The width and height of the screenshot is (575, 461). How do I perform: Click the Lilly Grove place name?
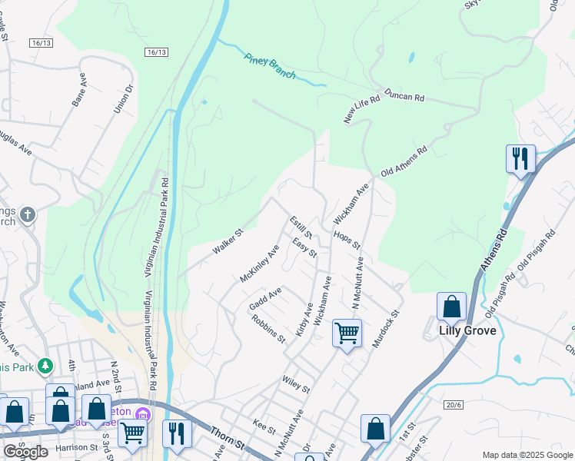[467, 331]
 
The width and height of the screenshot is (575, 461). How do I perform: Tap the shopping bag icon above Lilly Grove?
[451, 306]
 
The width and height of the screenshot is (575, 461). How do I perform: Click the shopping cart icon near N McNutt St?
[347, 333]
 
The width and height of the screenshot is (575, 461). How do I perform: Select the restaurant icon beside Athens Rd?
[520, 159]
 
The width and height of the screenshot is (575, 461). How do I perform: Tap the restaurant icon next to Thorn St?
[176, 433]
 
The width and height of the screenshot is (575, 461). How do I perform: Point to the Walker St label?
[228, 240]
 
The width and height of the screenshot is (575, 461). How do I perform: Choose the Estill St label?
[301, 227]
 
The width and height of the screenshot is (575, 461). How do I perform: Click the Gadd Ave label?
[265, 300]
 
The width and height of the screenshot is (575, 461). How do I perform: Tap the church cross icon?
[27, 214]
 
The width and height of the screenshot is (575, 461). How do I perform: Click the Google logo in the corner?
[25, 452]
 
